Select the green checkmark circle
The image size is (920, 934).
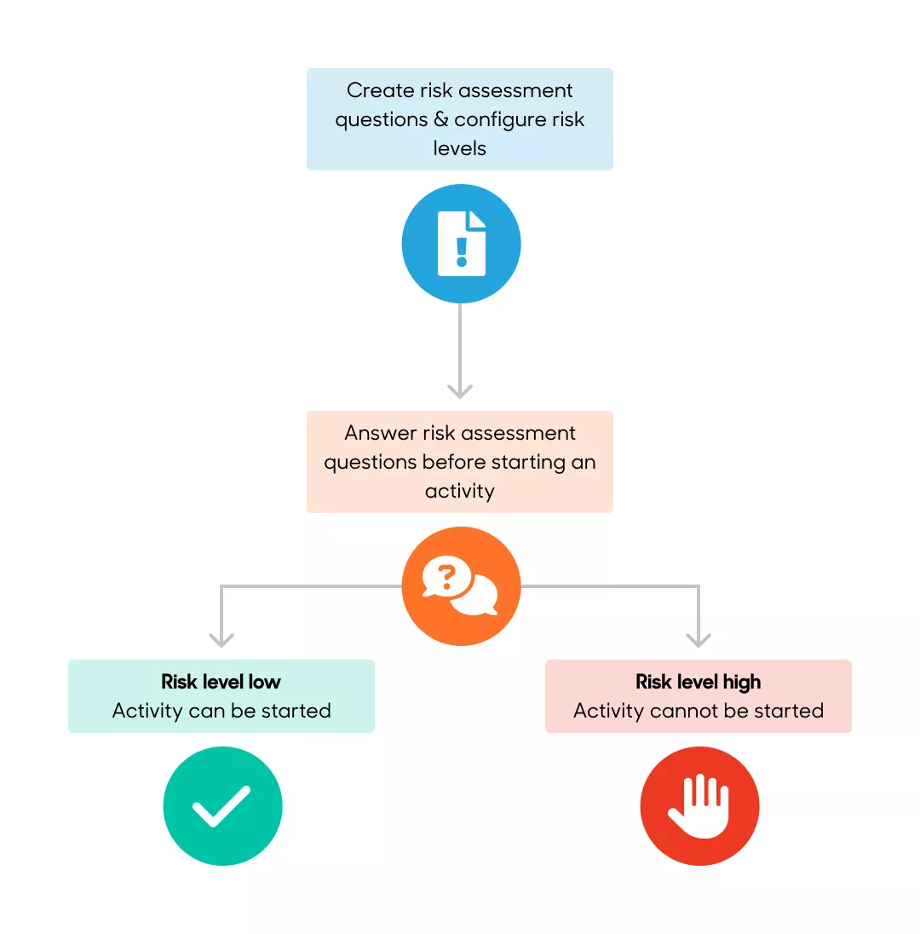point(222,806)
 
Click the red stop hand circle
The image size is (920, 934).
point(699,806)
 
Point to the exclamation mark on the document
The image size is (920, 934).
point(462,251)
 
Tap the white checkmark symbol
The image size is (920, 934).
point(221,807)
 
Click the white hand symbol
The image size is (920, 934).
point(699,805)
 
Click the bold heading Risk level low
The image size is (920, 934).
point(221,682)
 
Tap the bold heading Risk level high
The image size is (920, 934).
point(699,682)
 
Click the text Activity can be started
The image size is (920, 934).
point(221,711)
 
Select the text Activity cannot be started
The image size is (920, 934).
point(699,711)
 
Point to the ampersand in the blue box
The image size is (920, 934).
point(440,119)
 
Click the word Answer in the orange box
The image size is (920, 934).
point(380,433)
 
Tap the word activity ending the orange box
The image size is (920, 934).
point(460,491)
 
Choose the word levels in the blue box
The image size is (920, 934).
point(460,147)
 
